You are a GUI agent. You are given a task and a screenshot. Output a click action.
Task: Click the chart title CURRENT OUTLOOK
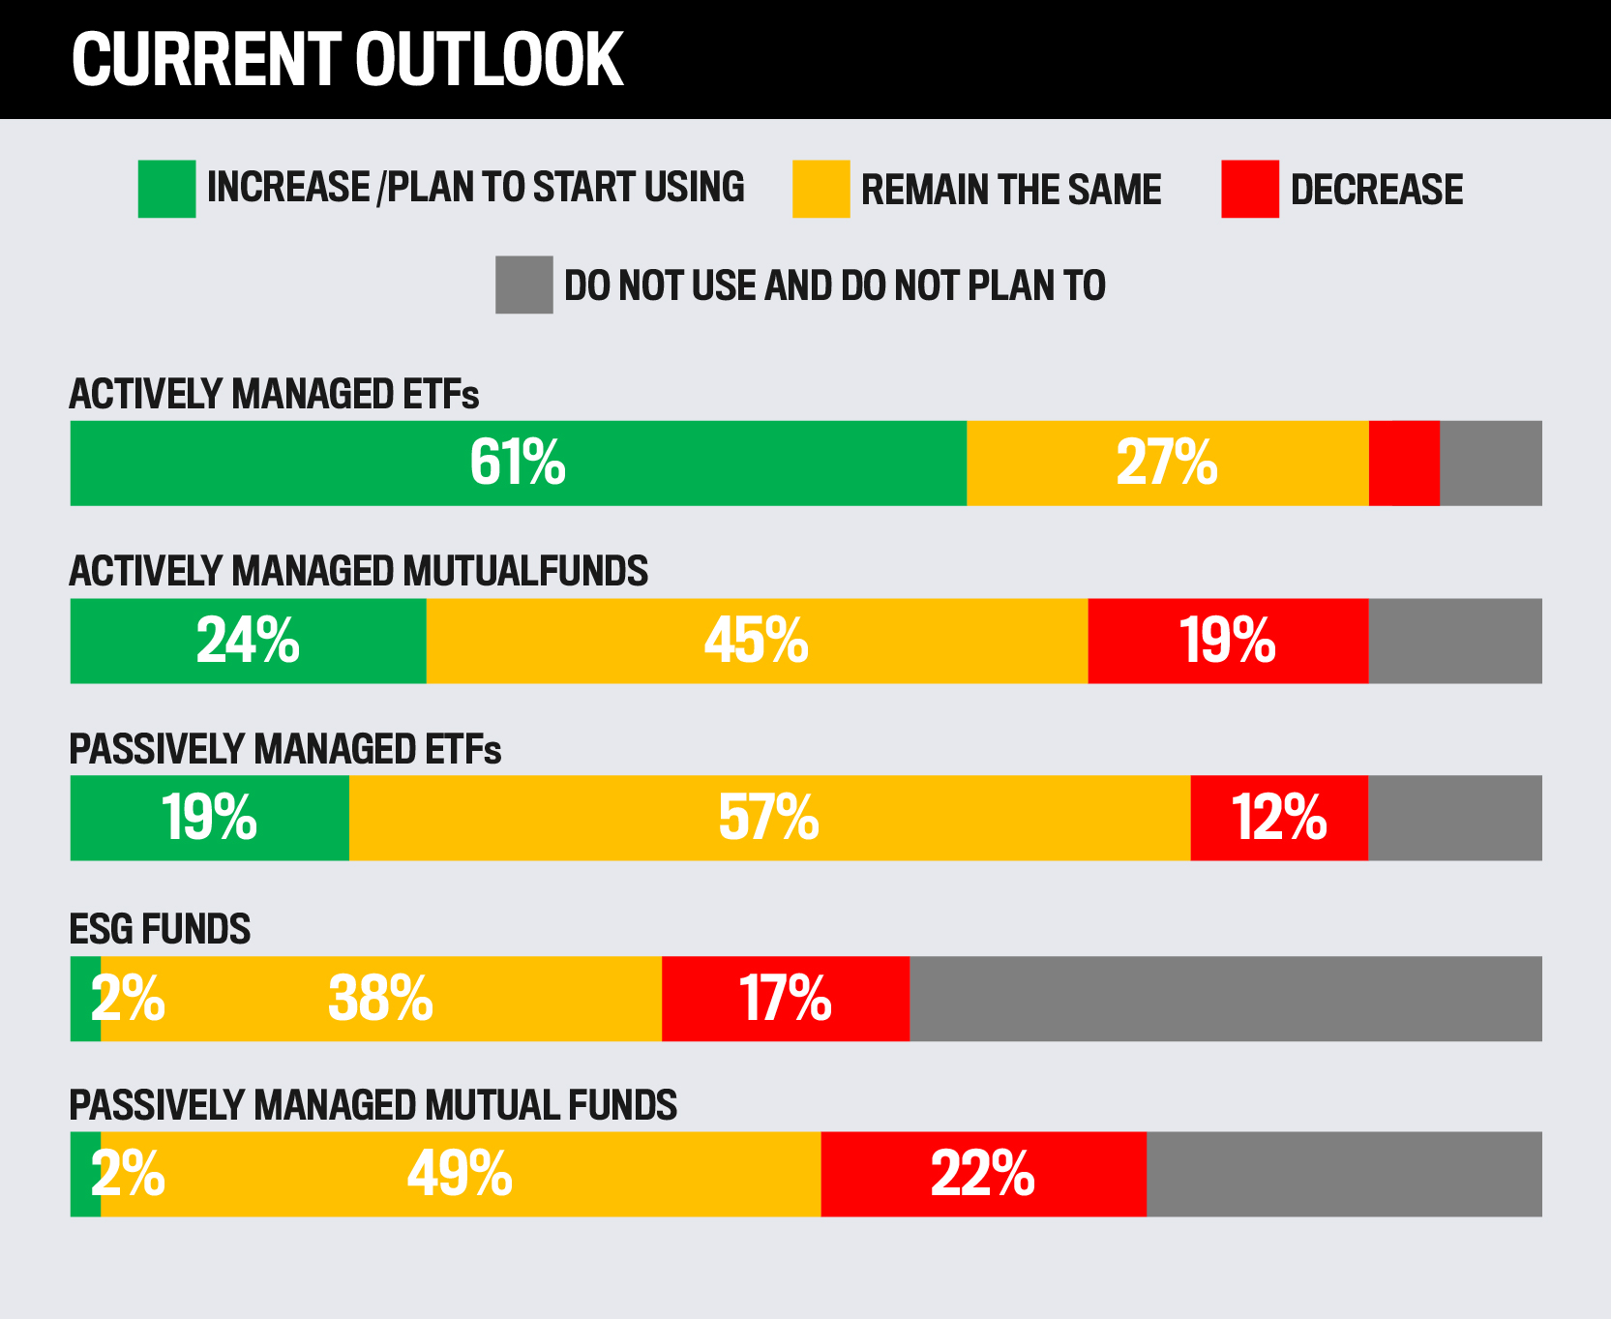point(347,60)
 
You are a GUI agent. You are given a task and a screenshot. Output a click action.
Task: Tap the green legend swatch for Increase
point(166,189)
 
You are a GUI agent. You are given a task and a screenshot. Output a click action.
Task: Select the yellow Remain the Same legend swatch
point(820,189)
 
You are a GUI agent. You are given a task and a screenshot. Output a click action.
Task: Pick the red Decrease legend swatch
point(1249,189)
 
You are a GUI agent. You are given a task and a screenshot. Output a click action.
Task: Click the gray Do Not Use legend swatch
point(523,285)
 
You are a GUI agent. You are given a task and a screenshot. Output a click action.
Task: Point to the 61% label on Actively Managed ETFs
point(518,463)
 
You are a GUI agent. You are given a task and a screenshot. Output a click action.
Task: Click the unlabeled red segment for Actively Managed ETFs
point(1404,463)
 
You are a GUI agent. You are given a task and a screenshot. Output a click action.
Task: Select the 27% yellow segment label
point(1166,463)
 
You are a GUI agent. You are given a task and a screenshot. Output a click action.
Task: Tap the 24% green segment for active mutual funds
point(248,641)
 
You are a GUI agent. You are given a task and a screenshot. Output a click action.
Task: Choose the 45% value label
point(756,641)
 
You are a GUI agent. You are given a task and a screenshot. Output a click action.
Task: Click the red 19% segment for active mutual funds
point(1228,641)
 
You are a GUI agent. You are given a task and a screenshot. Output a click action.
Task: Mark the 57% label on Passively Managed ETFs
point(768,818)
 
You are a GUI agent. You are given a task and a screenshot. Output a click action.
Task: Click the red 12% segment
point(1278,818)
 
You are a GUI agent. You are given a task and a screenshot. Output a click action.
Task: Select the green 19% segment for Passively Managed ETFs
point(209,818)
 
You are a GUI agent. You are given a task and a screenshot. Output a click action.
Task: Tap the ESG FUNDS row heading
point(160,929)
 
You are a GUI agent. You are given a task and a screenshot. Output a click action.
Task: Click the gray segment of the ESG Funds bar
point(1225,999)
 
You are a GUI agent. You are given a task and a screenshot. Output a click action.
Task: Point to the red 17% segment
point(785,999)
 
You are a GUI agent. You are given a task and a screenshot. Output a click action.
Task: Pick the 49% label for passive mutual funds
point(460,1175)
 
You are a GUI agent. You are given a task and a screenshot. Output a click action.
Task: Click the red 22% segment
point(983,1175)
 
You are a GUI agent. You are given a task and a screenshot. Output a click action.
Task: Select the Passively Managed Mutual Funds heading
point(373,1105)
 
